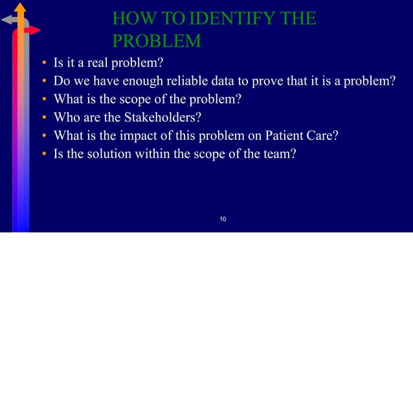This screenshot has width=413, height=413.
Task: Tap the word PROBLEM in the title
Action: [x=156, y=41]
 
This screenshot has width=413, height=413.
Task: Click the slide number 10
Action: [x=222, y=221]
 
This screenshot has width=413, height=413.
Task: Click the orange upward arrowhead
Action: [x=21, y=8]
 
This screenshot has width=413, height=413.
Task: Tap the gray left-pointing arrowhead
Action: [x=6, y=19]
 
